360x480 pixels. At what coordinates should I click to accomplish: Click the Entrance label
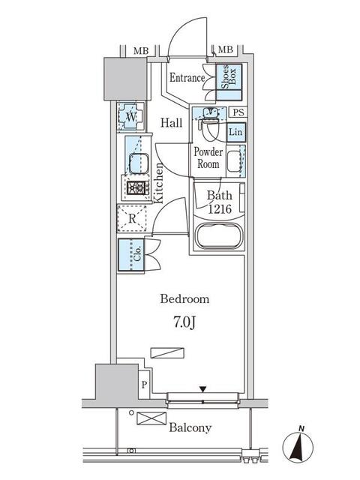click(187, 77)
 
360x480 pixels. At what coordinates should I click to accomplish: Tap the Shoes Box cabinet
click(229, 82)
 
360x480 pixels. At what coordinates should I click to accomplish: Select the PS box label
click(238, 112)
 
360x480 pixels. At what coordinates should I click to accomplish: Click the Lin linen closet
click(236, 132)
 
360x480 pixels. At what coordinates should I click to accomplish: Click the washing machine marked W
click(131, 117)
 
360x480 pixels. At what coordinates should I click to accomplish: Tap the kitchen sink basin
click(139, 163)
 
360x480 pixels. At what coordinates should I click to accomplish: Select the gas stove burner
click(136, 188)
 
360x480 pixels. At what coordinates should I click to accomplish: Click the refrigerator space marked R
click(132, 218)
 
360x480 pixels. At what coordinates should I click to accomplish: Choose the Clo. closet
click(131, 255)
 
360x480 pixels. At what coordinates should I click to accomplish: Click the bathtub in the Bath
click(219, 235)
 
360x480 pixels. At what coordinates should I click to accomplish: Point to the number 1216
click(220, 209)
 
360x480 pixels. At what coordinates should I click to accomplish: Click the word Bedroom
click(184, 298)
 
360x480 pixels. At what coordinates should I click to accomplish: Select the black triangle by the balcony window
click(202, 389)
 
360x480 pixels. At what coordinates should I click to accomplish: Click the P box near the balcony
click(144, 385)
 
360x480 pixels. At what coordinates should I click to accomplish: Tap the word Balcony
click(190, 427)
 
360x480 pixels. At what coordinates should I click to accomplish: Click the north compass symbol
click(298, 447)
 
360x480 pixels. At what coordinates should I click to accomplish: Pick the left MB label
click(141, 51)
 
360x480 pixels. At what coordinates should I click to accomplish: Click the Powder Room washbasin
click(234, 161)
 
